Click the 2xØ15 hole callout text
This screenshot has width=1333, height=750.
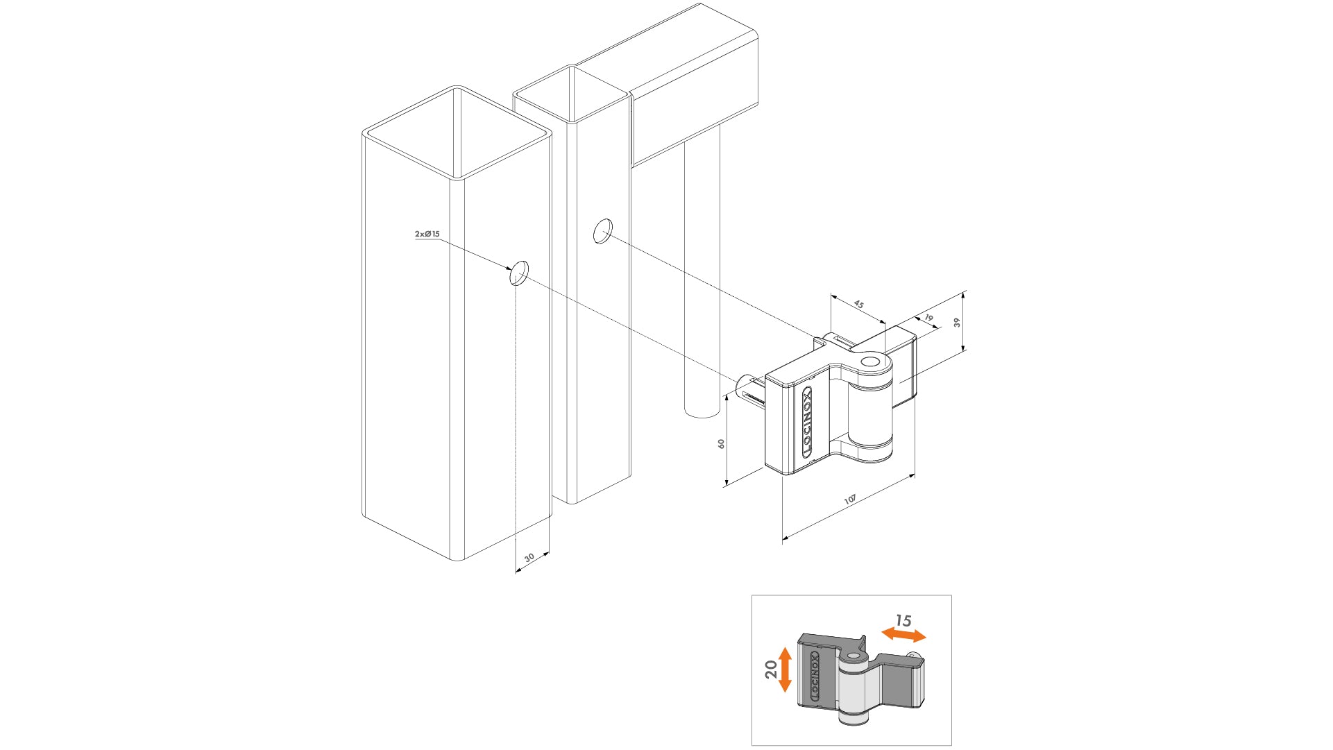(x=427, y=235)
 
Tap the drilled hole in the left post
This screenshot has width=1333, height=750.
(x=519, y=273)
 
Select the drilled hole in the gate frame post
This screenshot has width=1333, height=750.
(x=602, y=231)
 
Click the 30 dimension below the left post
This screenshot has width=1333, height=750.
(x=529, y=558)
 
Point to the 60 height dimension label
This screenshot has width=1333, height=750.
(x=722, y=443)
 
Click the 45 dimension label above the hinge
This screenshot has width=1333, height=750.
(x=858, y=305)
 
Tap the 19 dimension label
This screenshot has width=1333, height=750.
(x=929, y=318)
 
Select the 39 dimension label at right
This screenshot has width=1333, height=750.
(x=957, y=323)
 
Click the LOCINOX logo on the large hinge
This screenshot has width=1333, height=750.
(x=807, y=422)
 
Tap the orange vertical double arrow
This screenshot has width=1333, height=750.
(x=785, y=670)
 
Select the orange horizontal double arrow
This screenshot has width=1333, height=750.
(x=903, y=634)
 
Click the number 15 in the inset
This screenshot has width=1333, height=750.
(x=903, y=620)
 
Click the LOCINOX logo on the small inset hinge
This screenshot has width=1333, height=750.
(x=815, y=675)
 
